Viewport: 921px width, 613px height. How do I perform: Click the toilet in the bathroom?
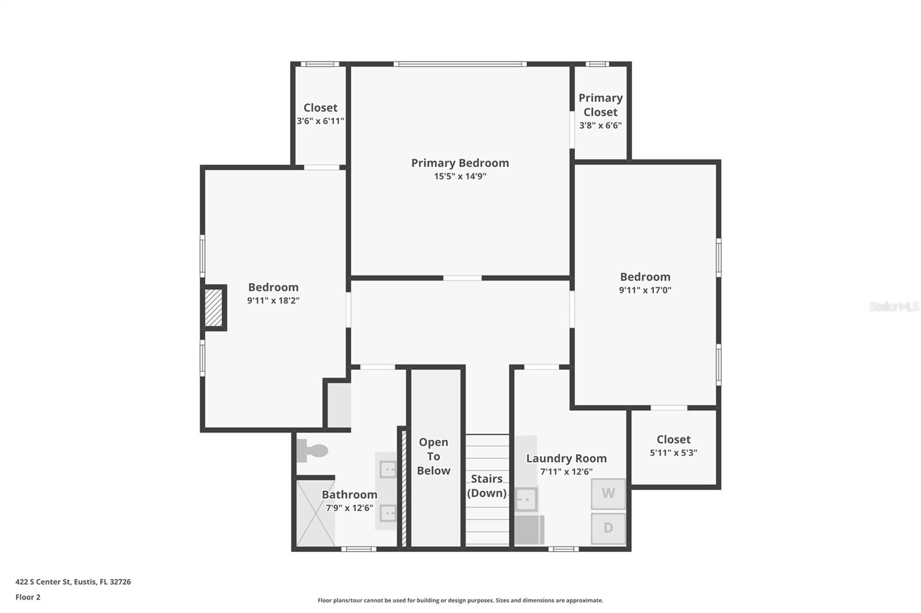click(311, 450)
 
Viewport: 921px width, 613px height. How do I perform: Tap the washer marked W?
click(608, 493)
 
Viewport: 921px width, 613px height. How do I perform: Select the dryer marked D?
click(608, 528)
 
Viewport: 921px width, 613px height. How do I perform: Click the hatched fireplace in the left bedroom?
click(214, 308)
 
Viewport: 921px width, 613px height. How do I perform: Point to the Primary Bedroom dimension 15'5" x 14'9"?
click(460, 177)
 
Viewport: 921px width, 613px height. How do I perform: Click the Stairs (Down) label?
click(486, 486)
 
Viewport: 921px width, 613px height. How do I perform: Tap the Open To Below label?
click(433, 456)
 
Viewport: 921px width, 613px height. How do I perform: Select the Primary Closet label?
click(600, 105)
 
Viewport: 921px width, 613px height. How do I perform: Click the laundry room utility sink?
click(526, 499)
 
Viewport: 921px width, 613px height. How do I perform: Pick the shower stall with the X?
click(315, 513)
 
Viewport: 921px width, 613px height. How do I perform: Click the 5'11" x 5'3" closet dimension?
click(673, 453)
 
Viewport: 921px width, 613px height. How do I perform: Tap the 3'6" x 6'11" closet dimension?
click(321, 121)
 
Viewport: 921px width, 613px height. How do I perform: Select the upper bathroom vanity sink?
click(388, 470)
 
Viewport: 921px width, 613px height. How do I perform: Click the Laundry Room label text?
click(566, 458)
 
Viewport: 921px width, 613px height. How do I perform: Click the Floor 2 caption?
click(28, 597)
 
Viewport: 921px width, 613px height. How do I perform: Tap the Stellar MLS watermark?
click(893, 306)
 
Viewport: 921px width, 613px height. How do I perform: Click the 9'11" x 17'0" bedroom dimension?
click(645, 290)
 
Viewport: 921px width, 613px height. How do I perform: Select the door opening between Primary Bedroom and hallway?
click(462, 278)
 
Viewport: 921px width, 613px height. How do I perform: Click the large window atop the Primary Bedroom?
click(460, 64)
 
